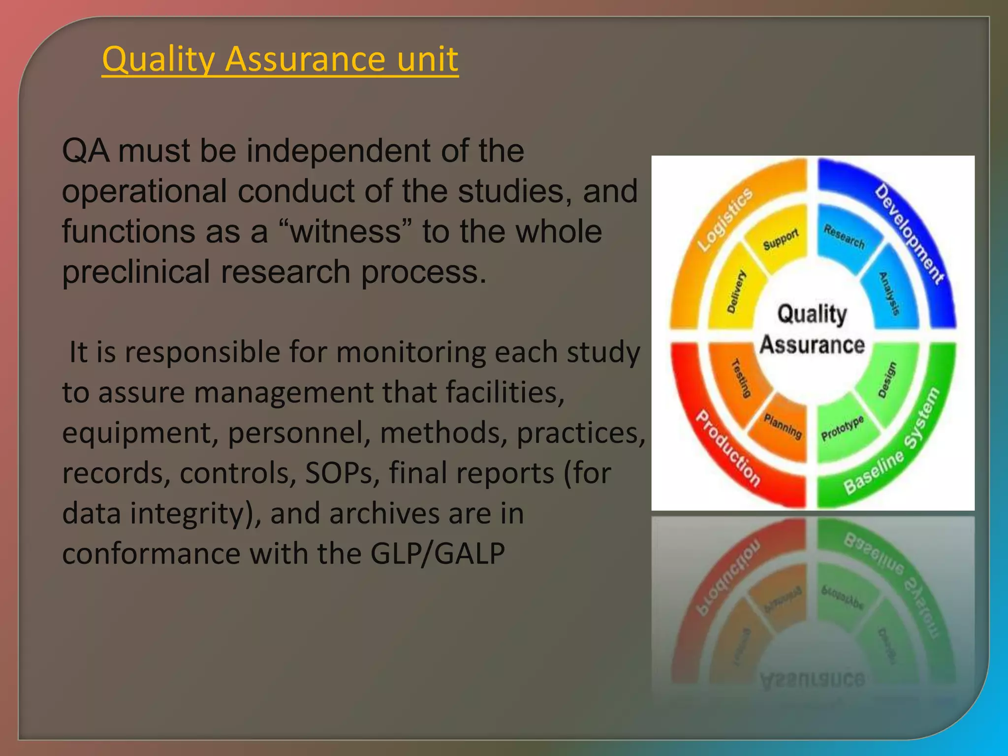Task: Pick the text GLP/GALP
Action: pyautogui.click(x=437, y=553)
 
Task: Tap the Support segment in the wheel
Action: pyautogui.click(x=781, y=239)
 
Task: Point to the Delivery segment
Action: pyautogui.click(x=736, y=291)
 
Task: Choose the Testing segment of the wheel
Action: pyautogui.click(x=741, y=378)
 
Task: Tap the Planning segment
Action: pyautogui.click(x=783, y=425)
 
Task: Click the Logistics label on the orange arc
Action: pyautogui.click(x=725, y=220)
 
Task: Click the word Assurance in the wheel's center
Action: pyautogui.click(x=812, y=345)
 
